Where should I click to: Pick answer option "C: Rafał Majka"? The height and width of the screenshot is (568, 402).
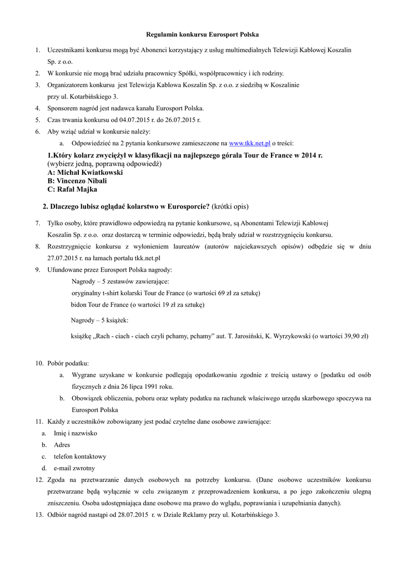click(72, 189)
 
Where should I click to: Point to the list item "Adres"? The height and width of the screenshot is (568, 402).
click(62, 445)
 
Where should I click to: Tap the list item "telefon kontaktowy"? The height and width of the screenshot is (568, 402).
click(80, 457)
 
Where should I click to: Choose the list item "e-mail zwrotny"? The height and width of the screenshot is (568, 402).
click(74, 468)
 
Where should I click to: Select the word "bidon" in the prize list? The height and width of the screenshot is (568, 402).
click(78, 305)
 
